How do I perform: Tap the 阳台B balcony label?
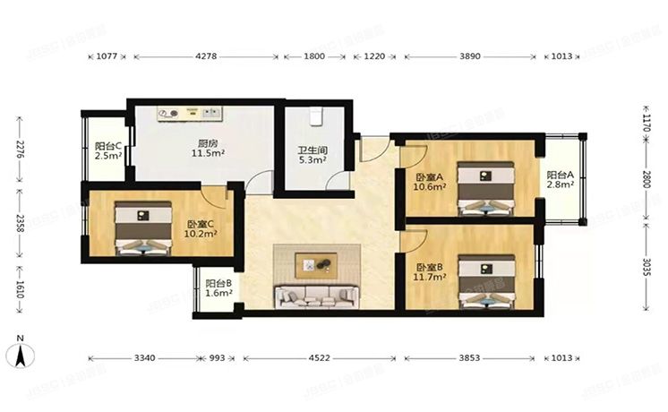tap(218, 285)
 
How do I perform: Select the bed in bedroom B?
tap(486, 282)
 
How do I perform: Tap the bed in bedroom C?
tap(143, 228)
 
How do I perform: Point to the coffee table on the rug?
tap(317, 264)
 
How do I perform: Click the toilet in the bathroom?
tap(315, 117)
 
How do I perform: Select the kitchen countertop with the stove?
tap(191, 113)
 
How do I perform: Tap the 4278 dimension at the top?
tap(205, 56)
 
